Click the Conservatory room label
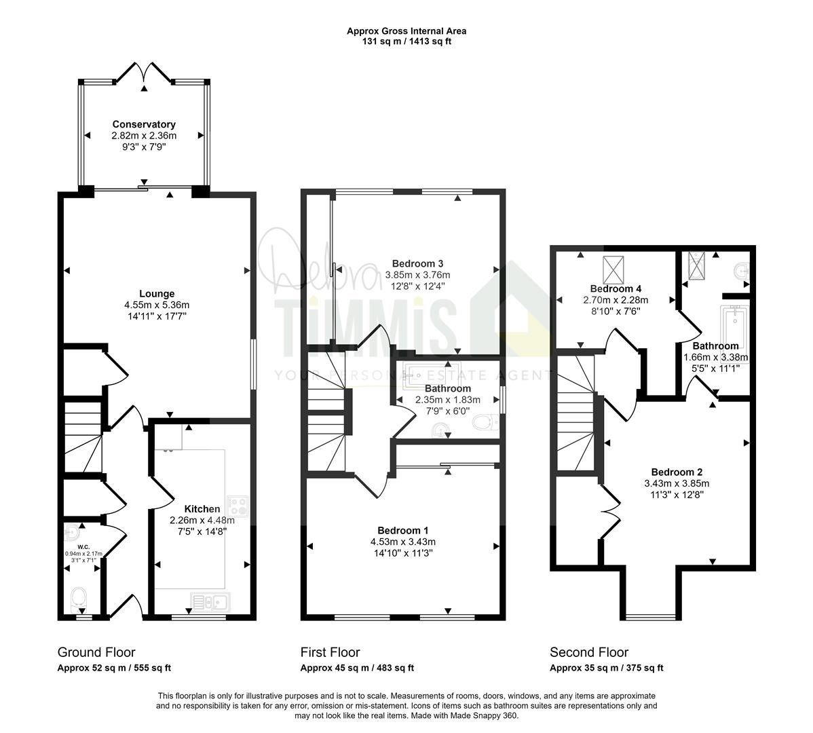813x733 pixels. coord(144,124)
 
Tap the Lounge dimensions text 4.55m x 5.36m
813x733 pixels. coord(157,305)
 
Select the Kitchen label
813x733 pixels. coord(202,509)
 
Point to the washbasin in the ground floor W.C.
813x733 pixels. coord(72,531)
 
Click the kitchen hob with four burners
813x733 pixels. coord(238,506)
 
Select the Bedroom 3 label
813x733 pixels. coord(417,263)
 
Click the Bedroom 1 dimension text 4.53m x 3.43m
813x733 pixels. coord(403,542)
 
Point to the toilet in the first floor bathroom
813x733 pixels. coord(485,422)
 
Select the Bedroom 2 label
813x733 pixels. coord(677,472)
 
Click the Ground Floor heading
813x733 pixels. coord(96,652)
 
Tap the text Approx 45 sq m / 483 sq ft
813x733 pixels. coord(357,669)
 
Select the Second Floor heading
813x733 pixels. coord(589,652)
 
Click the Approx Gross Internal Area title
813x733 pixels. coord(406,31)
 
